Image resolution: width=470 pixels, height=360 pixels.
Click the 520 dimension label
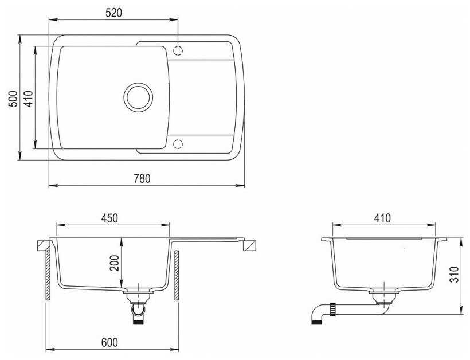[114, 13]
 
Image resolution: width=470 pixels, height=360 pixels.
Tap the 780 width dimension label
[142, 179]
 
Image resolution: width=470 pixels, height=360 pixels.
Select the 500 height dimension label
[13, 99]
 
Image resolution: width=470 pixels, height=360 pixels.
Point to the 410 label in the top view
[29, 99]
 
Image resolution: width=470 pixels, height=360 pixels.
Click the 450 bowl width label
[109, 218]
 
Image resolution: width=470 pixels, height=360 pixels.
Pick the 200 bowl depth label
[114, 263]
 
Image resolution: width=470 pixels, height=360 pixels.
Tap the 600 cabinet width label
[109, 342]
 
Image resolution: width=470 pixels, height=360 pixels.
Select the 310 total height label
[455, 274]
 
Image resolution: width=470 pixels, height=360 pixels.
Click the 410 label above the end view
[382, 218]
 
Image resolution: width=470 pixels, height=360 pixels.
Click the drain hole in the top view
[138, 97]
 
